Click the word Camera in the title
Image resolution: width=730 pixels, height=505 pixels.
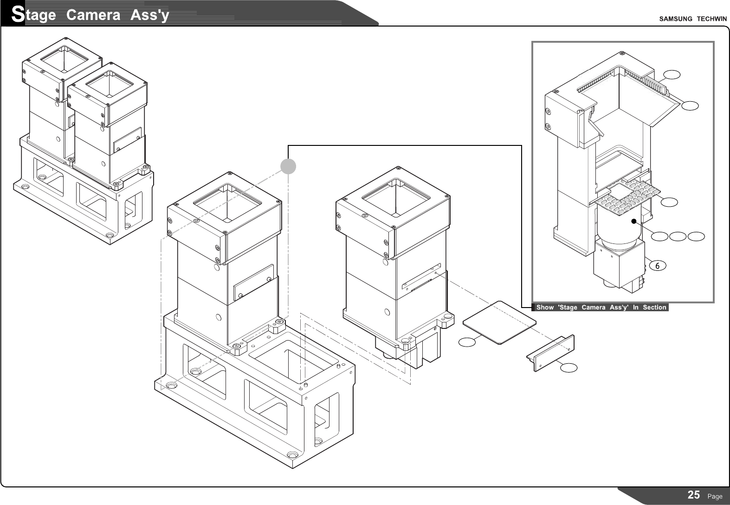pos(93,15)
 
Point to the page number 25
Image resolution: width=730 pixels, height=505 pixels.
pos(694,495)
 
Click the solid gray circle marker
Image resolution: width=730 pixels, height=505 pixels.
pos(288,166)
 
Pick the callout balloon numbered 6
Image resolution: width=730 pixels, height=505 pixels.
pos(658,266)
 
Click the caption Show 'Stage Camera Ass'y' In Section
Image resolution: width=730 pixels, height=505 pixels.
pos(601,307)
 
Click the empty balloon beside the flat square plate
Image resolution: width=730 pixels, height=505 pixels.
pos(467,342)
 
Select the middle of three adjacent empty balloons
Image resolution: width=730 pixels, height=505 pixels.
pos(678,237)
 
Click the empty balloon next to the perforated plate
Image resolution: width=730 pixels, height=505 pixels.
pos(669,202)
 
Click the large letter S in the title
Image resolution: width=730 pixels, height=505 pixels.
pos(18,15)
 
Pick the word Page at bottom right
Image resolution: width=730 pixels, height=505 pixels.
pos(715,497)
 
